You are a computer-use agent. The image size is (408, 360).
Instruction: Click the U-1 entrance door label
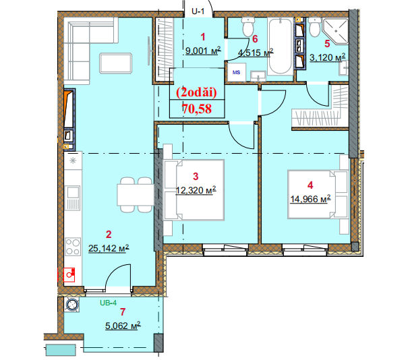pyautogui.click(x=198, y=11)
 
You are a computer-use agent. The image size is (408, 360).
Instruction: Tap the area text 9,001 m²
pyautogui.click(x=203, y=51)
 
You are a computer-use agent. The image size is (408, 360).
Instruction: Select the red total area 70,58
pyautogui.click(x=197, y=109)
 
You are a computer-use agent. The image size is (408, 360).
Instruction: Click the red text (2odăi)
pyautogui.click(x=196, y=92)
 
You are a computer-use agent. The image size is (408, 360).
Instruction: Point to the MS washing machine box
pyautogui.click(x=236, y=72)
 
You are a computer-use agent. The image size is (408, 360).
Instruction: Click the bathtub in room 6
pyautogui.click(x=280, y=46)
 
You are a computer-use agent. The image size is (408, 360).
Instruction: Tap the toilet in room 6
pyautogui.click(x=247, y=26)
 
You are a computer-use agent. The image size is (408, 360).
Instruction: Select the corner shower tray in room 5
pyautogui.click(x=335, y=31)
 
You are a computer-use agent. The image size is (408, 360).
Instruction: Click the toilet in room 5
pyautogui.click(x=315, y=27)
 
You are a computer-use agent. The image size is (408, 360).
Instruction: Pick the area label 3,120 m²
pyautogui.click(x=327, y=57)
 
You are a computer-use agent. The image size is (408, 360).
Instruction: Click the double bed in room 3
pyautogui.click(x=194, y=190)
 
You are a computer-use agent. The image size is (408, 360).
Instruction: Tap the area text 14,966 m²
pyautogui.click(x=310, y=199)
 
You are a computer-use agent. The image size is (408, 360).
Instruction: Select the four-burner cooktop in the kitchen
pyautogui.click(x=73, y=247)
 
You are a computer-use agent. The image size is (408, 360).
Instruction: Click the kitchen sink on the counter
pyautogui.click(x=73, y=198)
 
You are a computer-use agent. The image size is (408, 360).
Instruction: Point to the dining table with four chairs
pyautogui.click(x=136, y=195)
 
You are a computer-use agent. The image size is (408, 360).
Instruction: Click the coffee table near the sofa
pyautogui.click(x=115, y=63)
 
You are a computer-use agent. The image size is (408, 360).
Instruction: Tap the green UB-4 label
pyautogui.click(x=109, y=303)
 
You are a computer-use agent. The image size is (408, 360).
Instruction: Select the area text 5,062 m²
pyautogui.click(x=123, y=326)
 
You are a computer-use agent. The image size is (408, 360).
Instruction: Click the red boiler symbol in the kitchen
pyautogui.click(x=69, y=274)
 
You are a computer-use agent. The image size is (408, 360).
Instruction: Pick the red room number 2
pyautogui.click(x=109, y=235)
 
